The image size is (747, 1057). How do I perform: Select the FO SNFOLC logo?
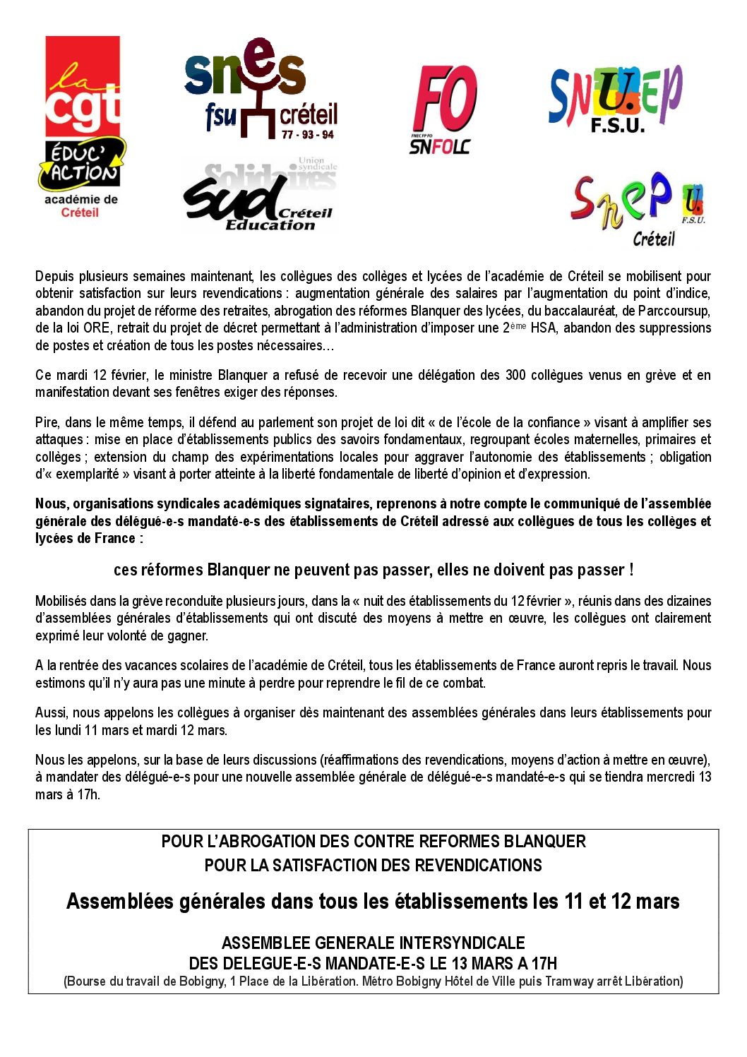[443, 109]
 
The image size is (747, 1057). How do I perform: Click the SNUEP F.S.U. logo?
[616, 99]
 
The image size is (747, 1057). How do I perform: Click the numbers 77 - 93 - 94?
[308, 135]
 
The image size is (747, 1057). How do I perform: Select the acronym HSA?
[543, 328]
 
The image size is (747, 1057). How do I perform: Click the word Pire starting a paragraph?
[47, 422]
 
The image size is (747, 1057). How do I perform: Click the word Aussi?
[51, 712]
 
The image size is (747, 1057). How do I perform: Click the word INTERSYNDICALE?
[462, 943]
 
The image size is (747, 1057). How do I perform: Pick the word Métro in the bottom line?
[380, 981]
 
